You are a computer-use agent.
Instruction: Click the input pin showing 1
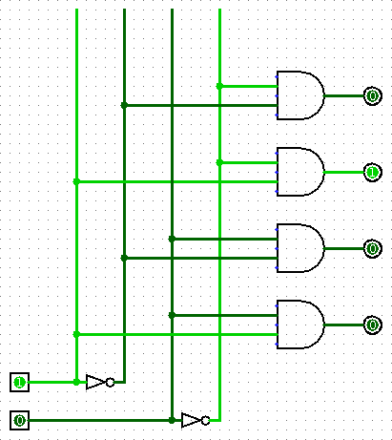(19, 382)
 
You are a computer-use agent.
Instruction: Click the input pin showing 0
(19, 420)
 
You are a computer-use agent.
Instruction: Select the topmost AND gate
(300, 95)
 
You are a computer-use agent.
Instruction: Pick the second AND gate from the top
(300, 172)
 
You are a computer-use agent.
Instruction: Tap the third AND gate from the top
(300, 248)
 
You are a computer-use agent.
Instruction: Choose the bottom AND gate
(300, 325)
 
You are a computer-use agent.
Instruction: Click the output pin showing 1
(372, 172)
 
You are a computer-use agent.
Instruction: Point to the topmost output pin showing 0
(372, 95)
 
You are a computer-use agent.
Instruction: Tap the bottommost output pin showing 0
(372, 325)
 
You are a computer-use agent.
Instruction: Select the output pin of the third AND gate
(372, 248)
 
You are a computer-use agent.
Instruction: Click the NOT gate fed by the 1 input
(100, 382)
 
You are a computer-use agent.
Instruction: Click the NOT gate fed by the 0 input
(196, 420)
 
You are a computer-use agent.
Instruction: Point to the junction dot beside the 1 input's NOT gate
(76, 382)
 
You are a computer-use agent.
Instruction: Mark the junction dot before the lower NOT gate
(172, 420)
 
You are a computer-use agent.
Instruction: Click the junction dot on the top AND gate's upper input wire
(219, 86)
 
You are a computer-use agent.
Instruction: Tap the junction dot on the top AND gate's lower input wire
(124, 105)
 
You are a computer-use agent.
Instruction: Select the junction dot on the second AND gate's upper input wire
(219, 162)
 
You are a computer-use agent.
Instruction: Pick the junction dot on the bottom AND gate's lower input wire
(76, 334)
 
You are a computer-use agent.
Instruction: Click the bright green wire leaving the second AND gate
(344, 172)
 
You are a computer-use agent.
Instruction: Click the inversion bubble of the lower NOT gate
(206, 420)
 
